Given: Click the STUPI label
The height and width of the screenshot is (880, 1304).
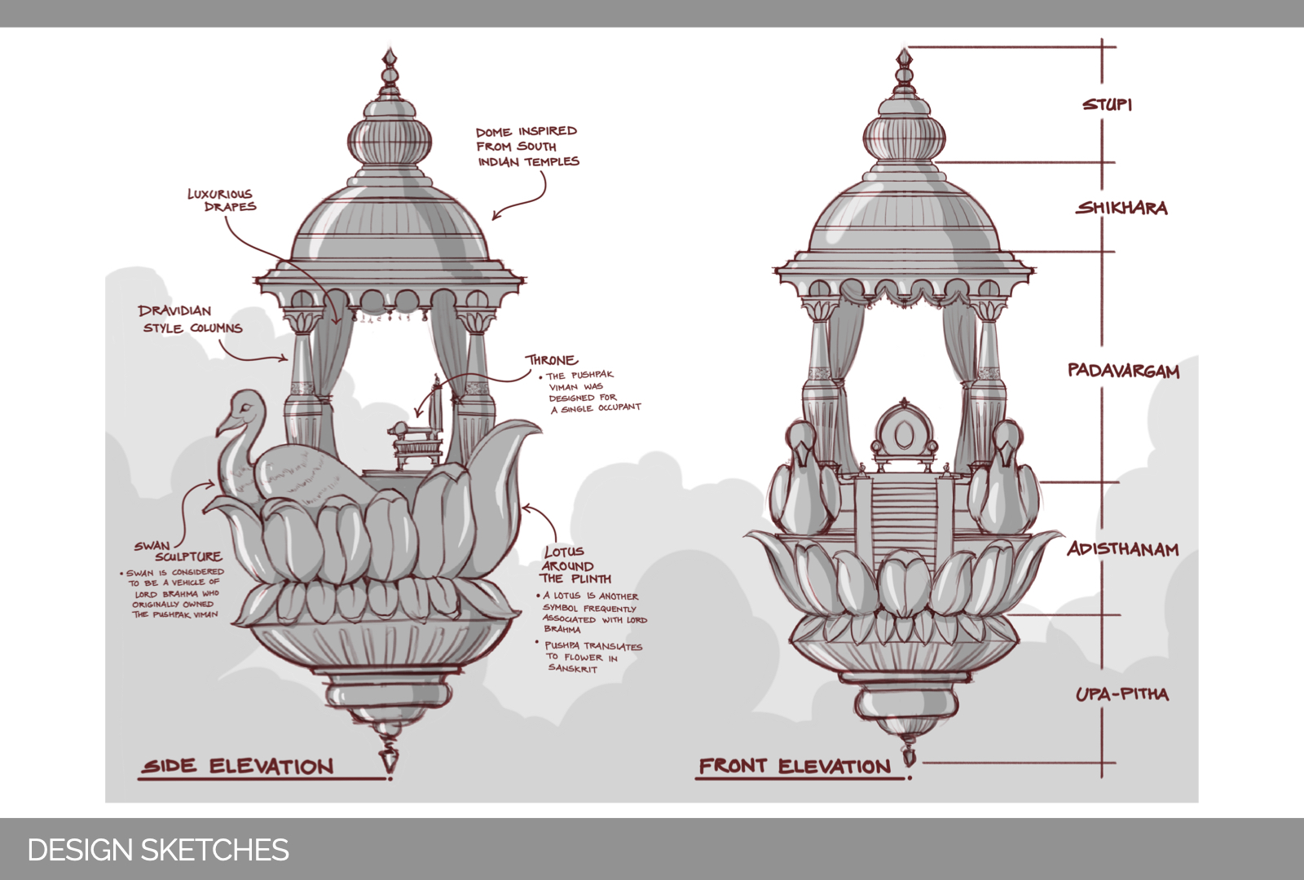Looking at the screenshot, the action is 1107,104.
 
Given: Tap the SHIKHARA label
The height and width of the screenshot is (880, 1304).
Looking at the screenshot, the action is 1121,208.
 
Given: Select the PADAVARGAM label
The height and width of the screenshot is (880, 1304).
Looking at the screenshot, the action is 1123,371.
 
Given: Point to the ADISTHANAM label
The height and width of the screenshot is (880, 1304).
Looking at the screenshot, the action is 1123,548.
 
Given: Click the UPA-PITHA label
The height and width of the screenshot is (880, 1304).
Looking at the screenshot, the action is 1121,694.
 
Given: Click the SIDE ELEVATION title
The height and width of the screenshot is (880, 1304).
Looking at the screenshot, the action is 238,766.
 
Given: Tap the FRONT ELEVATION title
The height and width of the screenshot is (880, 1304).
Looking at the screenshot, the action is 795,766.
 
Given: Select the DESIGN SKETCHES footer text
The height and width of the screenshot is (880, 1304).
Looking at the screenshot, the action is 158,850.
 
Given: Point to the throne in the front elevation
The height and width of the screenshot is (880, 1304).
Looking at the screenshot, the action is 904,433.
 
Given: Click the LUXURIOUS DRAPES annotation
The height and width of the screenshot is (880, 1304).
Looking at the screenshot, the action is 222,200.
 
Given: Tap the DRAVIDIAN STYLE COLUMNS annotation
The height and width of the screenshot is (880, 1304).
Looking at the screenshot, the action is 191,319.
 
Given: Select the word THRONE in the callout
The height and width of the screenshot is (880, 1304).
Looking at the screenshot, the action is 552,360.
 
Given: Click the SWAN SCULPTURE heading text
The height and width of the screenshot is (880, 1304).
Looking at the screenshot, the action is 178,552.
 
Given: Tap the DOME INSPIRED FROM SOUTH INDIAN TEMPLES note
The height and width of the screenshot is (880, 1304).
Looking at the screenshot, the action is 527,147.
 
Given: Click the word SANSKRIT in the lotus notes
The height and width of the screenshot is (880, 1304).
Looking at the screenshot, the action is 572,668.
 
